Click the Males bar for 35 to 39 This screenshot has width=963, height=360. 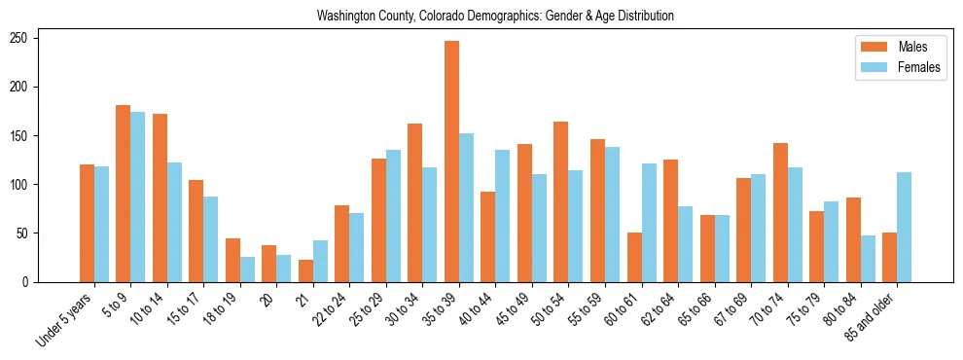[x=451, y=162]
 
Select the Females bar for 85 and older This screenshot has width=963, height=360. [x=904, y=227]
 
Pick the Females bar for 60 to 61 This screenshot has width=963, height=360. [x=649, y=223]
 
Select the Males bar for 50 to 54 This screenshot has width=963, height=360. [x=561, y=201]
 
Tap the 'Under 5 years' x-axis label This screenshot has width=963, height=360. [x=66, y=316]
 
